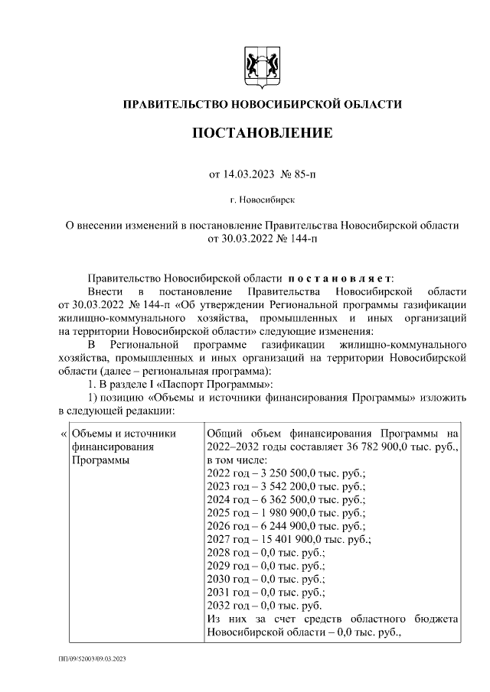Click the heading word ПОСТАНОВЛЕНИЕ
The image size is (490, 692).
coord(262,134)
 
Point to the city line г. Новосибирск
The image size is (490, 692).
coord(262,200)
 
